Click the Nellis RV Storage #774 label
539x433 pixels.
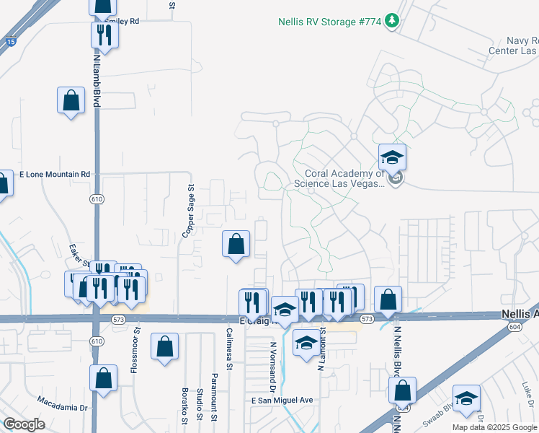click(329, 22)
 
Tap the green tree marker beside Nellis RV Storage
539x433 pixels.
click(391, 21)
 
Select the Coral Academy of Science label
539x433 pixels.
click(344, 178)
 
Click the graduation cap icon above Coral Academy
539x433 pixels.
click(392, 157)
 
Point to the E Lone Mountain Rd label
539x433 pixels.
click(55, 175)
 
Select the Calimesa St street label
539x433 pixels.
click(229, 349)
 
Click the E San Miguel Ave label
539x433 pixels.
click(282, 401)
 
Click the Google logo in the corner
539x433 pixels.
click(23, 424)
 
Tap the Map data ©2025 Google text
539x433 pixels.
click(494, 427)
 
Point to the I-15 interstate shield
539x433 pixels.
click(11, 41)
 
